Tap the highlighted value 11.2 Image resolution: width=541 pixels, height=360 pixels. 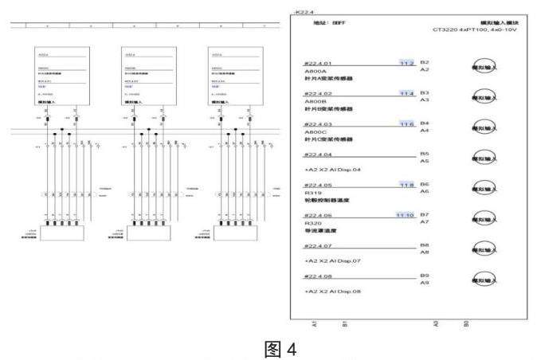[x=406, y=63]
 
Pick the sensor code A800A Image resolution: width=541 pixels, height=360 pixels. [x=316, y=71]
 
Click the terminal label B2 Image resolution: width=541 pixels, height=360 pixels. [x=425, y=62]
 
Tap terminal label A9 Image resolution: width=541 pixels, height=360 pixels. [x=425, y=283]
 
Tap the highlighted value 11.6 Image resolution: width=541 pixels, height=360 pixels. [x=406, y=124]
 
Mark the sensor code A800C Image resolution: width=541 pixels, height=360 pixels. [x=316, y=131]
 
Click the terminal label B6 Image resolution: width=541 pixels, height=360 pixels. [x=425, y=184]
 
